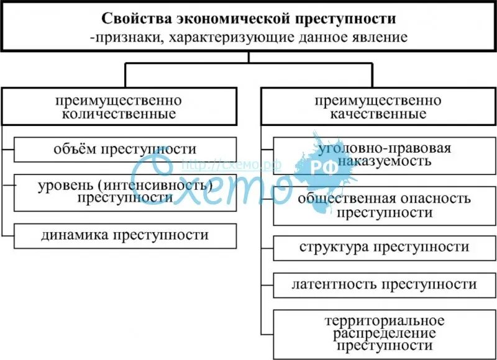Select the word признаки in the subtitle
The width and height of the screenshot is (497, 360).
122,37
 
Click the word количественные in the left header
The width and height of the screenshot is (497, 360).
118,114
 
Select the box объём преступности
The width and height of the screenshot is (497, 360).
125,150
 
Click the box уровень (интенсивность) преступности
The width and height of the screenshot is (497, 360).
125,192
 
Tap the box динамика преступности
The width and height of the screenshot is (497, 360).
125,235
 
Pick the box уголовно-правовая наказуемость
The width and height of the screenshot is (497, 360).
384,156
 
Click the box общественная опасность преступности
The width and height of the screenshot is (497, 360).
384,205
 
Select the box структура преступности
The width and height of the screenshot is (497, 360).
384,247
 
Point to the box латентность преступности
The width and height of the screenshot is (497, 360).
384,284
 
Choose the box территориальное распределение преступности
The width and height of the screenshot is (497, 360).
384,333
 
